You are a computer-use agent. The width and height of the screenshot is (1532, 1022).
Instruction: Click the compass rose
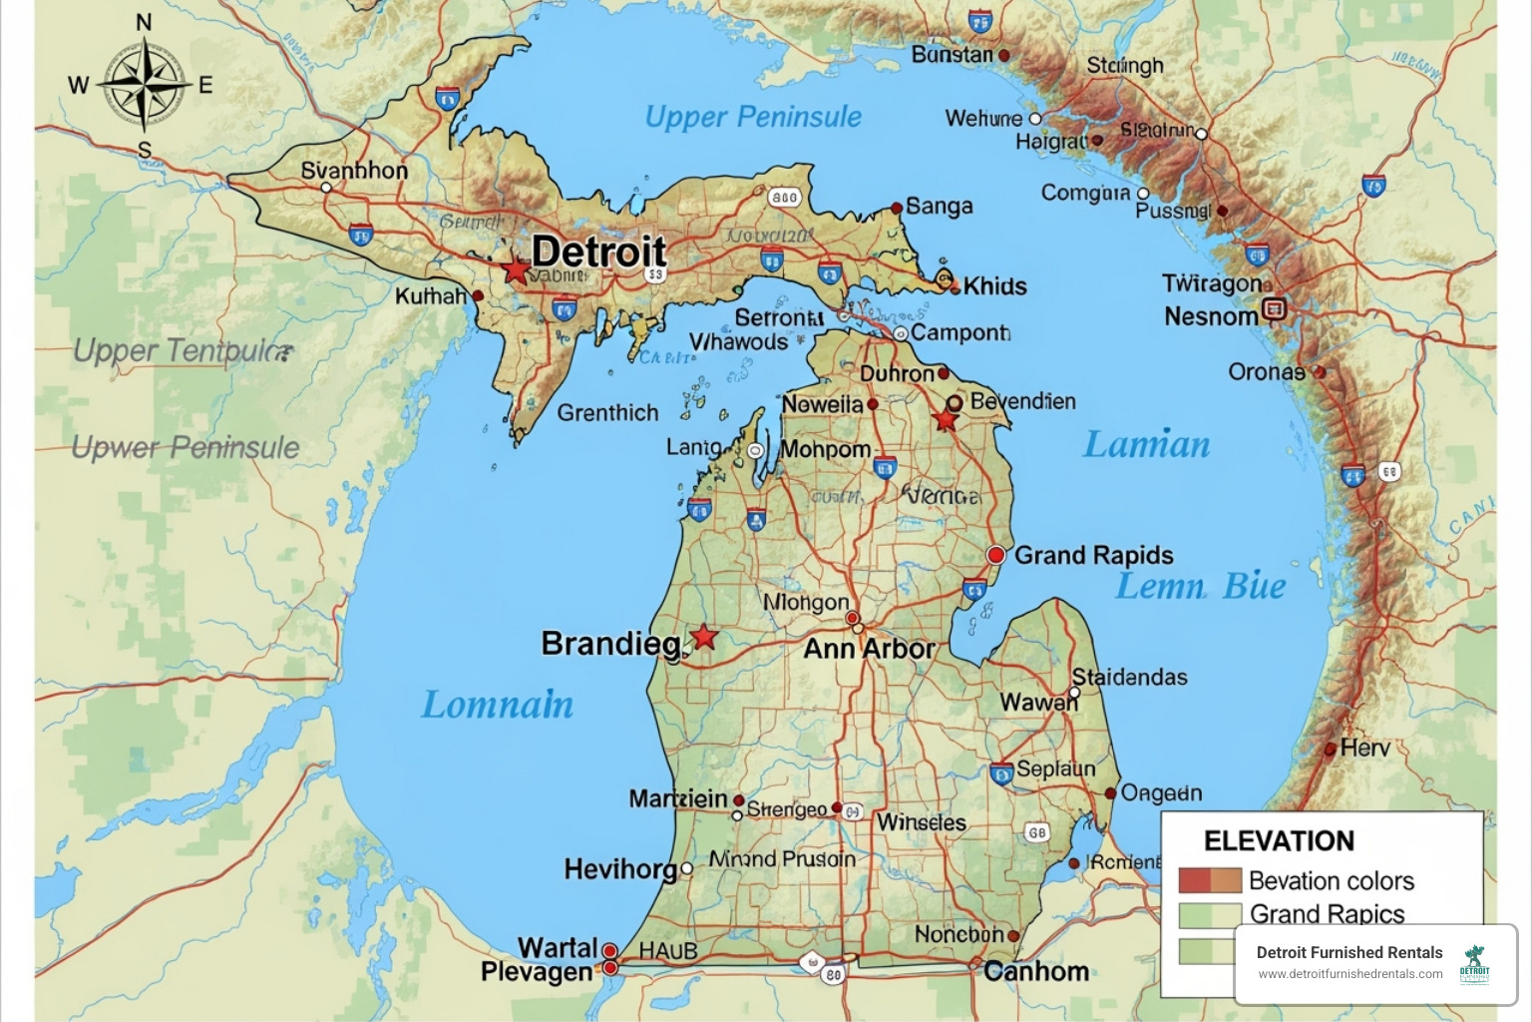[x=146, y=84]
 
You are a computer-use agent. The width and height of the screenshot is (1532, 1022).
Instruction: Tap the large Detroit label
[x=598, y=252]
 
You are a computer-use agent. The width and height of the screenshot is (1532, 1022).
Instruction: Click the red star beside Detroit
[x=516, y=269]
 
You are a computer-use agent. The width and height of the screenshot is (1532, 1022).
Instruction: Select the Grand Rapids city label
[x=1093, y=555]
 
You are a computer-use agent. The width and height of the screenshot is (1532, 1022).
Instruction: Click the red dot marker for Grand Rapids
[x=995, y=555]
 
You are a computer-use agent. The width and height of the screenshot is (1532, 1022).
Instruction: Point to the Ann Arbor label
[x=869, y=649]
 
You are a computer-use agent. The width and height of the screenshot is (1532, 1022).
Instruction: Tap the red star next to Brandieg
[x=704, y=637]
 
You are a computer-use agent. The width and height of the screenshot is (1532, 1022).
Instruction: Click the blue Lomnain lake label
[x=497, y=705]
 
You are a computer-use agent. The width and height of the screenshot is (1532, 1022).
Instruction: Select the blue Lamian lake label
[x=1146, y=444]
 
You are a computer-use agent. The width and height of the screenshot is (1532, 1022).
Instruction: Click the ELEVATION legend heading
[x=1279, y=840]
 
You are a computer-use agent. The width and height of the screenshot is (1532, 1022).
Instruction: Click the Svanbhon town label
[x=354, y=171]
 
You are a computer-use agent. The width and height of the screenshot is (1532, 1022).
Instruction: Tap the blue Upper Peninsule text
[x=753, y=117]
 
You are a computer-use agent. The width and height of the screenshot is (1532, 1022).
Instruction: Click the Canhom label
[x=1035, y=971]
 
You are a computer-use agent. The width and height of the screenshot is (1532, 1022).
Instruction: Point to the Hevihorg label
[x=620, y=869]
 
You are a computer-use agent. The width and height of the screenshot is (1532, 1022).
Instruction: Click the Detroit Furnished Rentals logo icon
[x=1474, y=964]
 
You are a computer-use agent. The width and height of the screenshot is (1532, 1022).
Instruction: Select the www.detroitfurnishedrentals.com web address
[x=1349, y=974]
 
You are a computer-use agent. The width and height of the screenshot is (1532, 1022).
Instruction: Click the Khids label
[x=994, y=286]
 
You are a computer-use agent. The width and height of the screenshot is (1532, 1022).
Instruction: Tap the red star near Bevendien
[x=945, y=420]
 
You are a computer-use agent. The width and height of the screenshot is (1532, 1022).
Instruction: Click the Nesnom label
[x=1211, y=316]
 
